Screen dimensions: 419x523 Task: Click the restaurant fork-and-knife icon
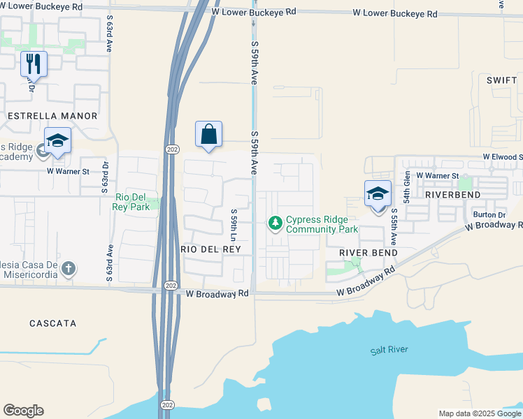34,65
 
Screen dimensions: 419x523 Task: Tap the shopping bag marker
209,134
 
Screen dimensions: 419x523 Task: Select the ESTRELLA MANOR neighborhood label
52,115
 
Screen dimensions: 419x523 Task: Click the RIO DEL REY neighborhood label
210,249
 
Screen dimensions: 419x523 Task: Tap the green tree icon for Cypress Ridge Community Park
275,223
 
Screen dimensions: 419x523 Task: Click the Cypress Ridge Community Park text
322,224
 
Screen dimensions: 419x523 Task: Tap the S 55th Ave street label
394,227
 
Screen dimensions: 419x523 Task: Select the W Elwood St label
502,158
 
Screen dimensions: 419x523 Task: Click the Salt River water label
389,350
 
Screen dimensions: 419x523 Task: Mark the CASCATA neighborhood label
52,323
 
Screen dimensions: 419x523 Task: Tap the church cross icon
68,268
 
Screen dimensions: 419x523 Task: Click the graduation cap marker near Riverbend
378,195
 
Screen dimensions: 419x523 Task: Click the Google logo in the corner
23,411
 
